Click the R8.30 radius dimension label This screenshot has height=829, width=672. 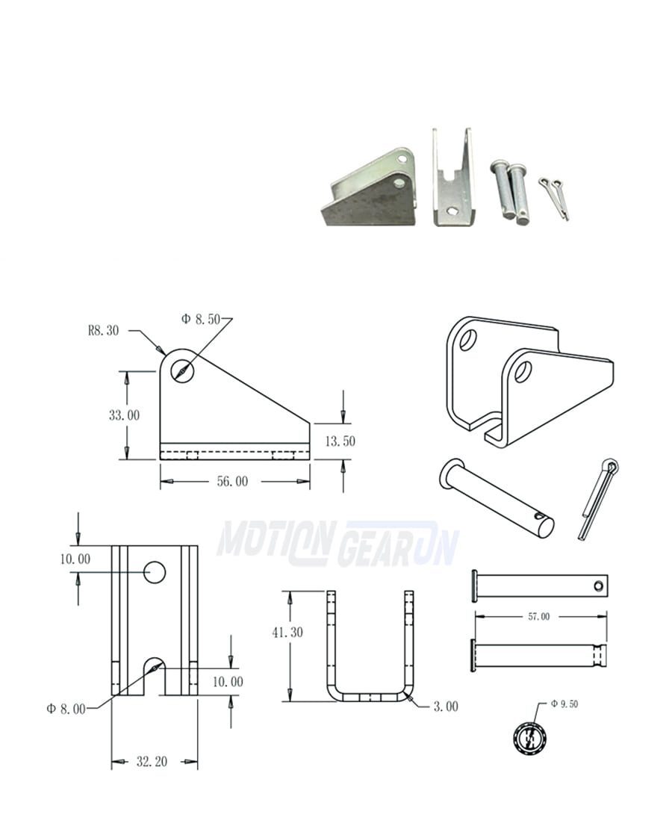(x=104, y=331)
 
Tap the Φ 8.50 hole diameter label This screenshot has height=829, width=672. (x=201, y=319)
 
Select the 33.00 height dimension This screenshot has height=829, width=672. (x=124, y=415)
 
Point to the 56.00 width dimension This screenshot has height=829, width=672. (x=232, y=481)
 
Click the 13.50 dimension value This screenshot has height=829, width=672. (x=340, y=441)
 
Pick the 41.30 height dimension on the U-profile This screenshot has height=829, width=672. (x=287, y=632)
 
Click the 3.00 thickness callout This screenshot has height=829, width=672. (x=446, y=707)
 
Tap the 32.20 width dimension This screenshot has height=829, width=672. (x=152, y=761)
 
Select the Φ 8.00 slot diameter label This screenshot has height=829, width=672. (x=66, y=709)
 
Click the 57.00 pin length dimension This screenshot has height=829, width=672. (x=539, y=616)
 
